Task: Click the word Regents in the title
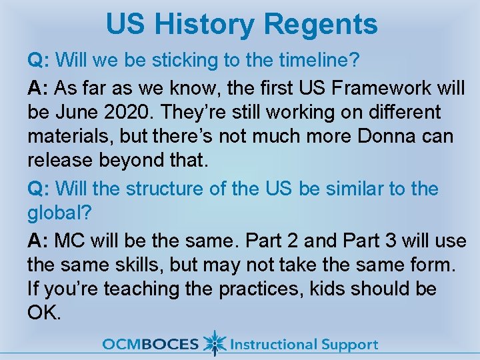coord(321,25)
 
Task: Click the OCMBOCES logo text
coord(150,345)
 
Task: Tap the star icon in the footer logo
coord(214,343)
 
